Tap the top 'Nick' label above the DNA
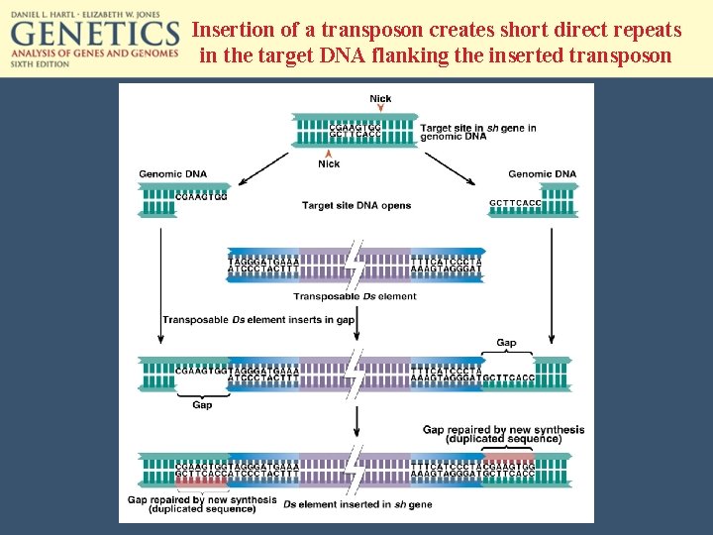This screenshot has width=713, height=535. click(380, 98)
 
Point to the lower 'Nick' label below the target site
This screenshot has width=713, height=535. click(329, 163)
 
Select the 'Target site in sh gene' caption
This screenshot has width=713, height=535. click(477, 132)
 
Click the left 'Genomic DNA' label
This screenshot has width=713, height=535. click(172, 174)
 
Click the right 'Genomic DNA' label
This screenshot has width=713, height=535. click(541, 174)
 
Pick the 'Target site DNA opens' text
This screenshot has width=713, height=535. click(356, 206)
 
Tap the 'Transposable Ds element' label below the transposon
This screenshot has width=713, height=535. click(355, 296)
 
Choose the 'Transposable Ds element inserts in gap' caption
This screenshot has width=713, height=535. click(258, 319)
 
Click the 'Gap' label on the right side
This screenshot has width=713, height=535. click(506, 343)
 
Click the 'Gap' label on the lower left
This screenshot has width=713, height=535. click(202, 404)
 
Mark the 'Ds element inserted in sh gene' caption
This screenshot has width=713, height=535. click(357, 505)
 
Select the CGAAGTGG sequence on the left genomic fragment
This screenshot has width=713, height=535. click(201, 196)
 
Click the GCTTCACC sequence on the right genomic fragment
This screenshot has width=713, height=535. click(516, 203)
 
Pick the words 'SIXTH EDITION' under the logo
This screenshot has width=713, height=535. click(41, 63)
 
